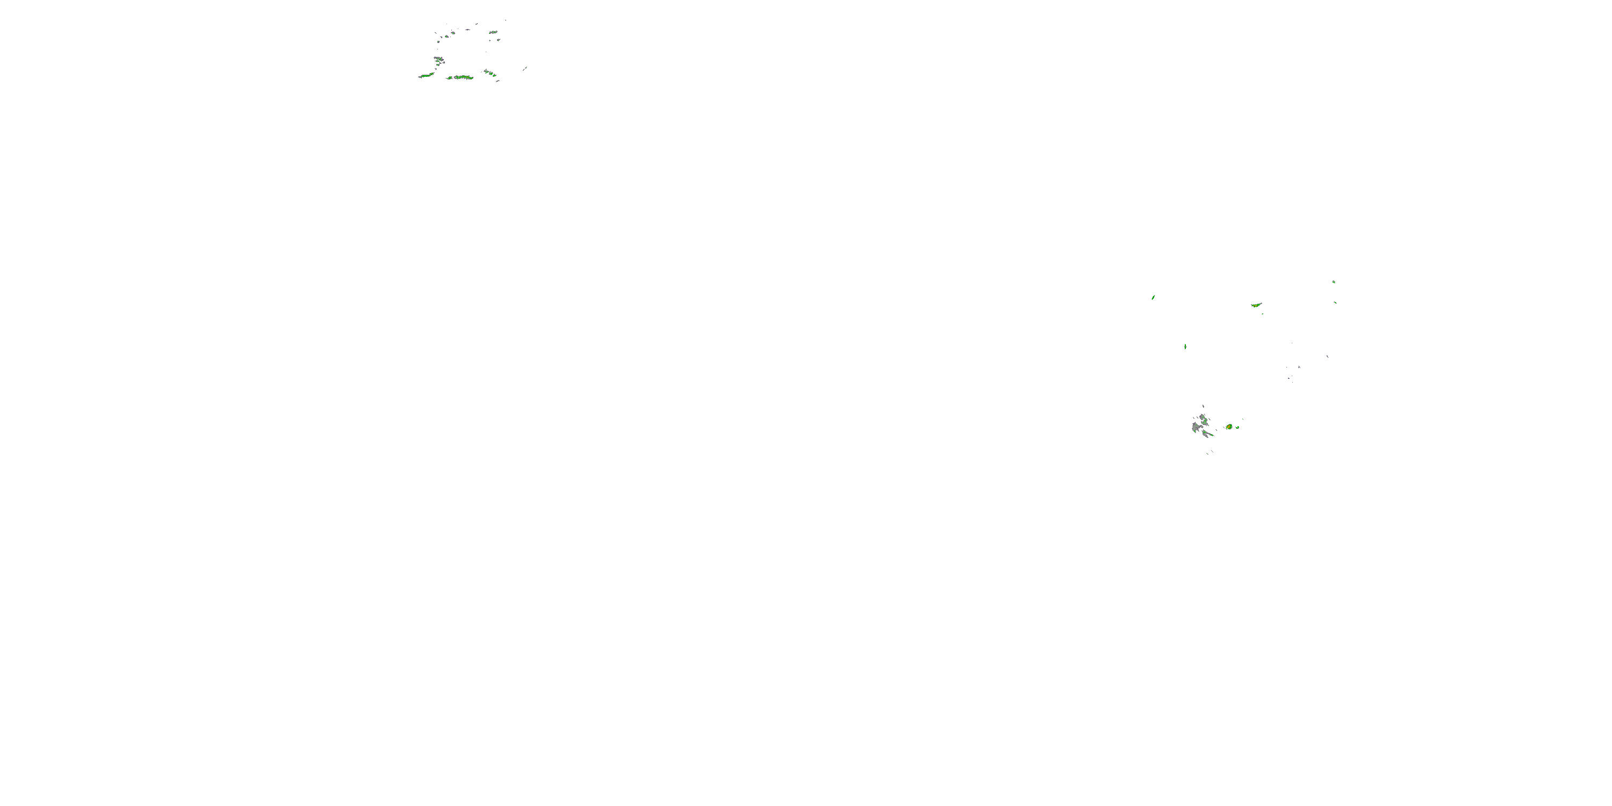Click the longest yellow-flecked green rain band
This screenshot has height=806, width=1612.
464,77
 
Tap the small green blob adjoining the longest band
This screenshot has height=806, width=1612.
449,78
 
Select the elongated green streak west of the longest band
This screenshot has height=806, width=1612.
427,76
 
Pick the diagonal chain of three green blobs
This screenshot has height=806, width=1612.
490,73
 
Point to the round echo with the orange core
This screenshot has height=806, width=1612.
1229,427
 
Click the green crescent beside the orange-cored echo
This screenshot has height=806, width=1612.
1237,427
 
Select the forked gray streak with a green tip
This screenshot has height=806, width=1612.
1206,433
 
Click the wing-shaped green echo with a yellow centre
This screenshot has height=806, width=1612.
1256,305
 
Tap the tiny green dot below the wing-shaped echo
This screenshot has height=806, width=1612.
1262,313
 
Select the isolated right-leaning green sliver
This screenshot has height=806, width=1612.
1153,297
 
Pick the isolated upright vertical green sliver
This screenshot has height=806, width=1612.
1185,346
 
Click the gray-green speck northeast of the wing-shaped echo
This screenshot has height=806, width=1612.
1334,282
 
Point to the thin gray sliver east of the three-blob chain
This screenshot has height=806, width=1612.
524,68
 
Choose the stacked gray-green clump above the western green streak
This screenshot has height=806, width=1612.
438,61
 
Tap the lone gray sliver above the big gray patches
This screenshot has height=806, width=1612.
1203,406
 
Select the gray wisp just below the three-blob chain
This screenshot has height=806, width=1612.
498,81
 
